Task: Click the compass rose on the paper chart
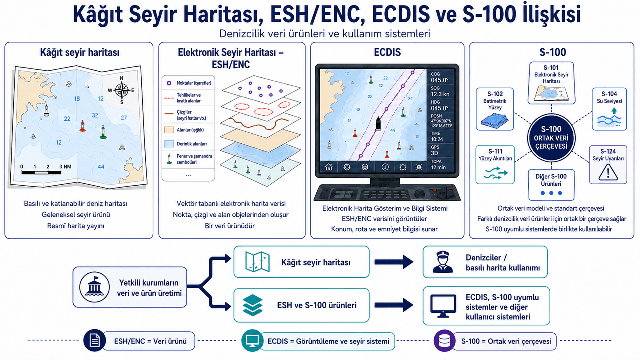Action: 122,90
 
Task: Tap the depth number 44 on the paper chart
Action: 101,167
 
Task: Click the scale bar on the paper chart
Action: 41,172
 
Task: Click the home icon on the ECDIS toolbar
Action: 329,167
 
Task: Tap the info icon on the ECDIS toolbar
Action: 385,167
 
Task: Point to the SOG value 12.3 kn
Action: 440,94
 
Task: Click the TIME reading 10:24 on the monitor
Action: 437,139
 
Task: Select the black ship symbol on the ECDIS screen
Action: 378,123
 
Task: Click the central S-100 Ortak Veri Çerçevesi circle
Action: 551,138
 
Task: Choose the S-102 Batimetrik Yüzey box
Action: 495,109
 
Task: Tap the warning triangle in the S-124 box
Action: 608,173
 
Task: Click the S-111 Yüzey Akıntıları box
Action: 495,165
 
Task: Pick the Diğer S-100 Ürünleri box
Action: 551,185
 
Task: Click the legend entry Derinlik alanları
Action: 188,144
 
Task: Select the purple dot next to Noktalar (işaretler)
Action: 169,83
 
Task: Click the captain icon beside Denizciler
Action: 443,262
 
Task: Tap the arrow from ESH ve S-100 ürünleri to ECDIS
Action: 394,305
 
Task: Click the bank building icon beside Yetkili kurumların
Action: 94,287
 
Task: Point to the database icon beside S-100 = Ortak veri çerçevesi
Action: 444,341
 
